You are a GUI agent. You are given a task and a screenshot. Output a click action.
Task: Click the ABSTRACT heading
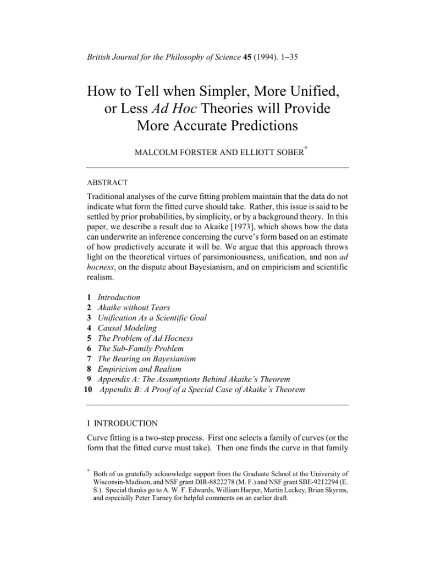(107, 182)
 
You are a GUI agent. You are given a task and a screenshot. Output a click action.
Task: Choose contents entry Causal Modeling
(127, 328)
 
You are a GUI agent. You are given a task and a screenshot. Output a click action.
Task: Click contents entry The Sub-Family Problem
(141, 349)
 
